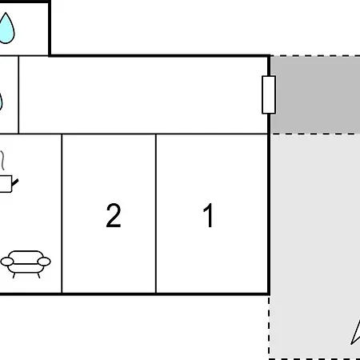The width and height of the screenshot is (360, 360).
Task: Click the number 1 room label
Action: (x=208, y=215)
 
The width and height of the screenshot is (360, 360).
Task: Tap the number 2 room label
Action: (x=114, y=215)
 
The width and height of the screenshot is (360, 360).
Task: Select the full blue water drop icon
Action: (x=6, y=28)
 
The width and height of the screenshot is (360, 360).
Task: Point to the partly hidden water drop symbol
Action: (x=1, y=102)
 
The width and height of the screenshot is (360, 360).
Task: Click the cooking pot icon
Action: (x=6, y=183)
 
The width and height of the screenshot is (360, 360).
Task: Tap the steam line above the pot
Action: (x=2, y=160)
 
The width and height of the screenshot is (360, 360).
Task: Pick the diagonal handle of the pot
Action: (x=15, y=182)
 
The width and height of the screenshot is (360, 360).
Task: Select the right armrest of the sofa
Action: (x=44, y=262)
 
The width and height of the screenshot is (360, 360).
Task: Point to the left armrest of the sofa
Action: (x=7, y=262)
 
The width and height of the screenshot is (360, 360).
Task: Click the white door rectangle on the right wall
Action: (x=269, y=95)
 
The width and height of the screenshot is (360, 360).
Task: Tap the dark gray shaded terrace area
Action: (x=315, y=94)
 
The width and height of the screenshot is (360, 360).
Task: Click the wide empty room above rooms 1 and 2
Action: (x=143, y=95)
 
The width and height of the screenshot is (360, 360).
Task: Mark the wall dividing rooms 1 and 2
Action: (x=156, y=214)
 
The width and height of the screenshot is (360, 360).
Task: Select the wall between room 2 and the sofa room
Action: (x=62, y=214)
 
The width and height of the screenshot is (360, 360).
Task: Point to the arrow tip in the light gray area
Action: (x=351, y=344)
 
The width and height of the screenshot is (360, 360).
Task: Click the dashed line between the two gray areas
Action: (x=314, y=134)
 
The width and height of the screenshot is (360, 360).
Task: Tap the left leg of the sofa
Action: (x=14, y=275)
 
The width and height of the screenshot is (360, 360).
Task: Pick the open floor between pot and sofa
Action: (x=30, y=222)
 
